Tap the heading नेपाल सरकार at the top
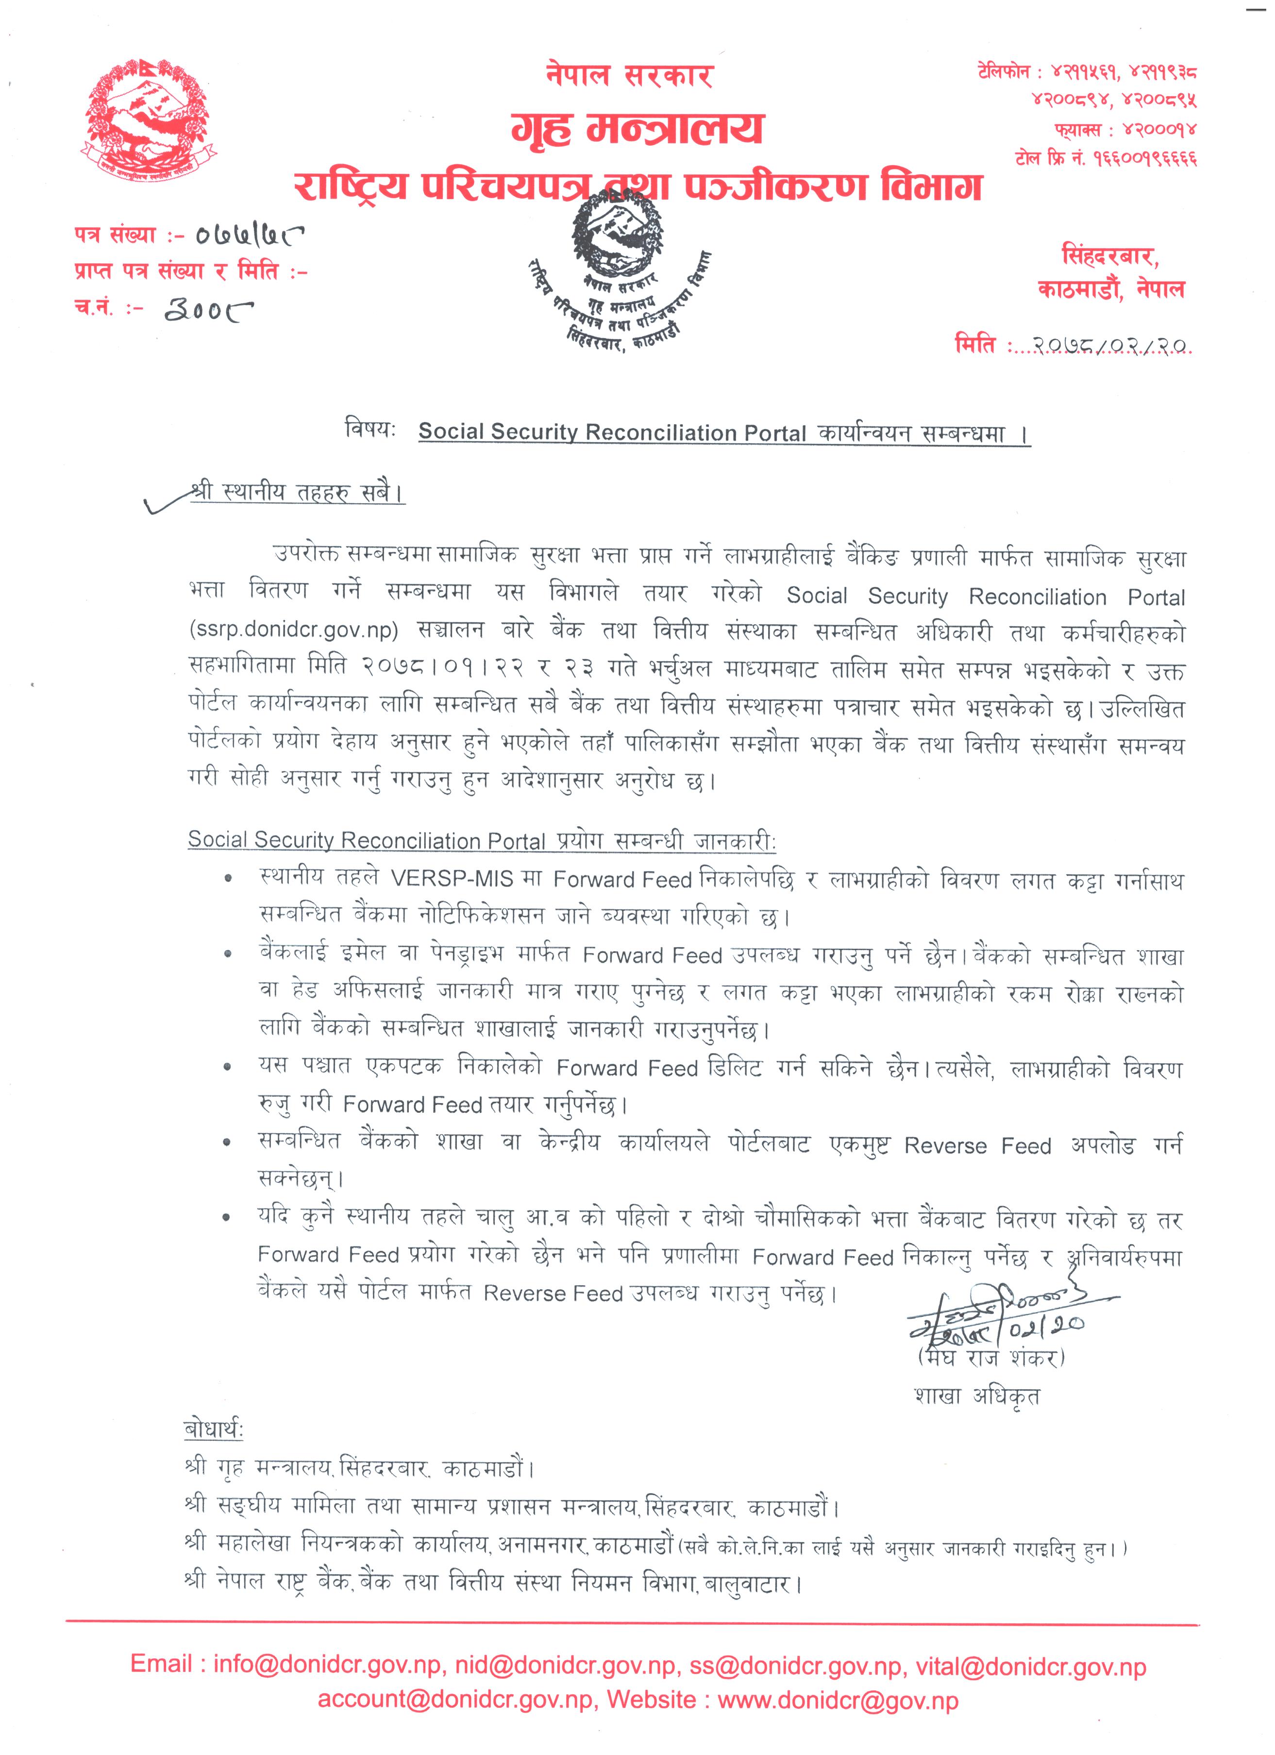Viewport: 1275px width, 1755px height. pos(628,75)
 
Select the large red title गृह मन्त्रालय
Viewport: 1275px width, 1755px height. pos(637,128)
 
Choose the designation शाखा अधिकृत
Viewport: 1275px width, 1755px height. pos(977,1397)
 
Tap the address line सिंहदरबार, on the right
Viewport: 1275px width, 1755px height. pos(1109,256)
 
